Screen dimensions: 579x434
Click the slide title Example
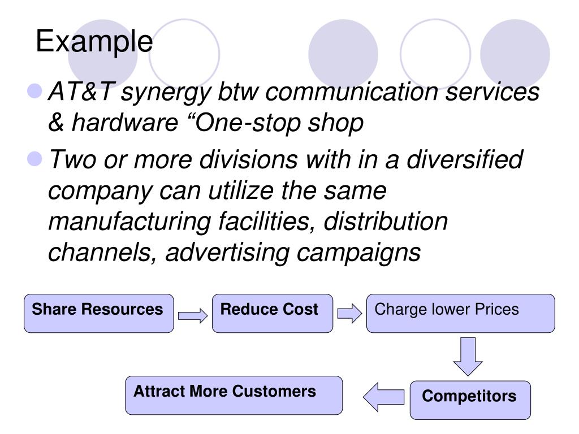point(94,41)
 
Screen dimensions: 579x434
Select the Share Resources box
point(99,313)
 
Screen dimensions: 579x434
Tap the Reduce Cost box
point(272,313)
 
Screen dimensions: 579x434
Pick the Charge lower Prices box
point(461,313)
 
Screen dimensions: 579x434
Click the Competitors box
point(470,400)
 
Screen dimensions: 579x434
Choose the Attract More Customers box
point(234,395)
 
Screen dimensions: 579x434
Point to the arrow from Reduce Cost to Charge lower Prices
point(349,313)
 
